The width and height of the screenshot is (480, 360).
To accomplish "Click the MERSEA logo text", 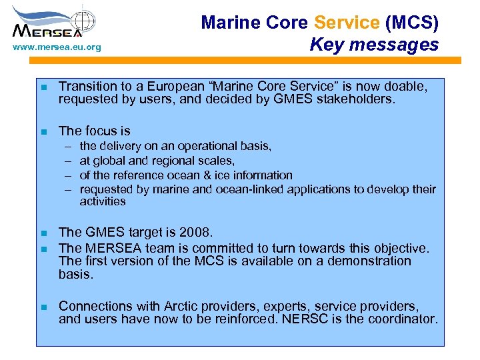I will pyautogui.click(x=47, y=30).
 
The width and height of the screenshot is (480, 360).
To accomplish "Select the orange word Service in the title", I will pyautogui.click(x=346, y=23).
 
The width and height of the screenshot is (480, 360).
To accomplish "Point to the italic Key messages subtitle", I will pyautogui.click(x=374, y=45).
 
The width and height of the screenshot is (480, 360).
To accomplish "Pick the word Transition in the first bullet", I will pyautogui.click(x=89, y=87).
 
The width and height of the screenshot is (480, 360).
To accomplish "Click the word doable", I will pyautogui.click(x=403, y=87).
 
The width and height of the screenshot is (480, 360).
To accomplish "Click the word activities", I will pyautogui.click(x=103, y=201).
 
